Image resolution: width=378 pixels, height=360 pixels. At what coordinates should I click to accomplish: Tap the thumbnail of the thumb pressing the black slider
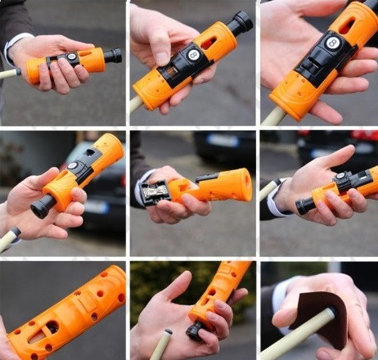point(163,57)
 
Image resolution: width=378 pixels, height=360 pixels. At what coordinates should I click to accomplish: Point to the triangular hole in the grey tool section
point(89,152)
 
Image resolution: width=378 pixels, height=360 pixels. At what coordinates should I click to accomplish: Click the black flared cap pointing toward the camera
point(39,206)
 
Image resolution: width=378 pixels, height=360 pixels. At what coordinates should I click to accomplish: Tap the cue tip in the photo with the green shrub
point(168,332)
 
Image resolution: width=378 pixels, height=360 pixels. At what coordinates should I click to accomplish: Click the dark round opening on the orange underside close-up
point(52,326)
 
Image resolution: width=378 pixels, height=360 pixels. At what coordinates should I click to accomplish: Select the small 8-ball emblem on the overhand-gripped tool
point(71,56)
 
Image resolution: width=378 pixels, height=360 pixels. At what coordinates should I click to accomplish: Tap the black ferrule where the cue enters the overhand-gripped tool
point(18,72)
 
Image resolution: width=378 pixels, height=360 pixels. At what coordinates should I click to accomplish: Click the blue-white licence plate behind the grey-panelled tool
point(97,207)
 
